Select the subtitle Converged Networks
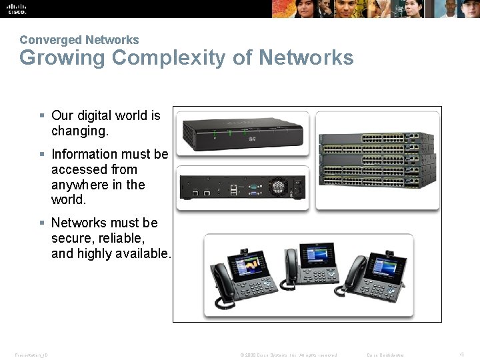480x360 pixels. [79, 40]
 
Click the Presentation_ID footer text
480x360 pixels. [30, 355]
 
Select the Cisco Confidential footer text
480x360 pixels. [385, 355]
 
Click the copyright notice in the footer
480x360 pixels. [288, 355]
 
